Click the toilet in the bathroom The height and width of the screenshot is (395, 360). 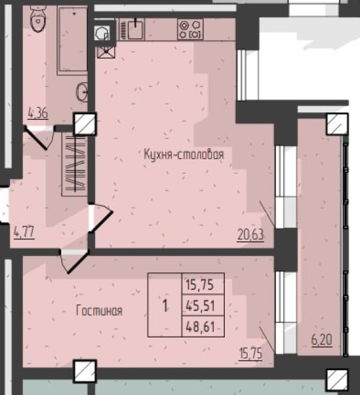(38, 19)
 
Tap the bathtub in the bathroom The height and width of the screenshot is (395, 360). (72, 40)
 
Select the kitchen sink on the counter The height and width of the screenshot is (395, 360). (135, 30)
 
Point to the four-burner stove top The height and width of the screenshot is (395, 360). (190, 30)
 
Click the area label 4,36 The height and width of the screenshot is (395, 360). (38, 113)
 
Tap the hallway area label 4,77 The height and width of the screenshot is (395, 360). (24, 233)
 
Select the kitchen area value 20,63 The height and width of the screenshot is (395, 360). (251, 235)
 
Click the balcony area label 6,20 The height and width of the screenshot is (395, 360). (322, 340)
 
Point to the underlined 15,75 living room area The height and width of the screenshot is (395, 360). (251, 354)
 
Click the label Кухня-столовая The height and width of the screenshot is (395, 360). (184, 154)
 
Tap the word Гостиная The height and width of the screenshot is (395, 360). (99, 310)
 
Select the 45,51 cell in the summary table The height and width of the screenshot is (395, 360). (201, 306)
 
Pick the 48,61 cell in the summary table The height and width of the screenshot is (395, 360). (201, 326)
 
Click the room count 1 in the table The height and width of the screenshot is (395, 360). (165, 306)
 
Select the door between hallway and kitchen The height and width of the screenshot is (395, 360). (100, 218)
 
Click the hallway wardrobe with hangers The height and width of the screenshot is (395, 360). (75, 164)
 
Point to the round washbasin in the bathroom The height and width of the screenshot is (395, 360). (83, 92)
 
